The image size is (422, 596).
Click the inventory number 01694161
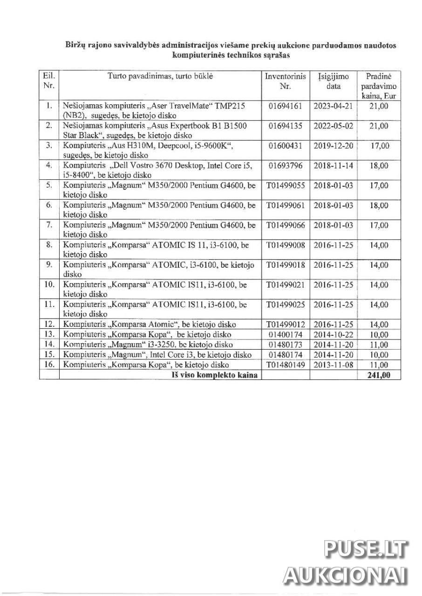[x=286, y=106]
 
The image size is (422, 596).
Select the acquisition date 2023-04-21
[x=334, y=106]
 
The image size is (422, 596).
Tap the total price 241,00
[x=378, y=375]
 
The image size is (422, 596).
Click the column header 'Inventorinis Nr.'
[x=286, y=81]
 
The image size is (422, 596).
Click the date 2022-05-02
[x=334, y=126]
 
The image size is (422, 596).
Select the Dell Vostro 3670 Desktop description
[x=158, y=170]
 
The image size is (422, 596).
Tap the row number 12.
[x=49, y=325]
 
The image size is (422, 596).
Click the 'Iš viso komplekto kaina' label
[x=214, y=375]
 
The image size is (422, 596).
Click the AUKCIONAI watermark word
[x=346, y=576]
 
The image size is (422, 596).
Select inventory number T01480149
[x=286, y=365]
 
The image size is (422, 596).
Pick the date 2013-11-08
[x=334, y=365]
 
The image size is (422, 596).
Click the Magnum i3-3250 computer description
[x=148, y=345]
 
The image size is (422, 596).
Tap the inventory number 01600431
[x=286, y=146]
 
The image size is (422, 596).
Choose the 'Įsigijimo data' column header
[x=334, y=81]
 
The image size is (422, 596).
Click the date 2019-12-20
[x=334, y=146]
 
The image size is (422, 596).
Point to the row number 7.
[x=49, y=225]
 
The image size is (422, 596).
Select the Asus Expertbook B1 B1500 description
[x=155, y=130]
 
